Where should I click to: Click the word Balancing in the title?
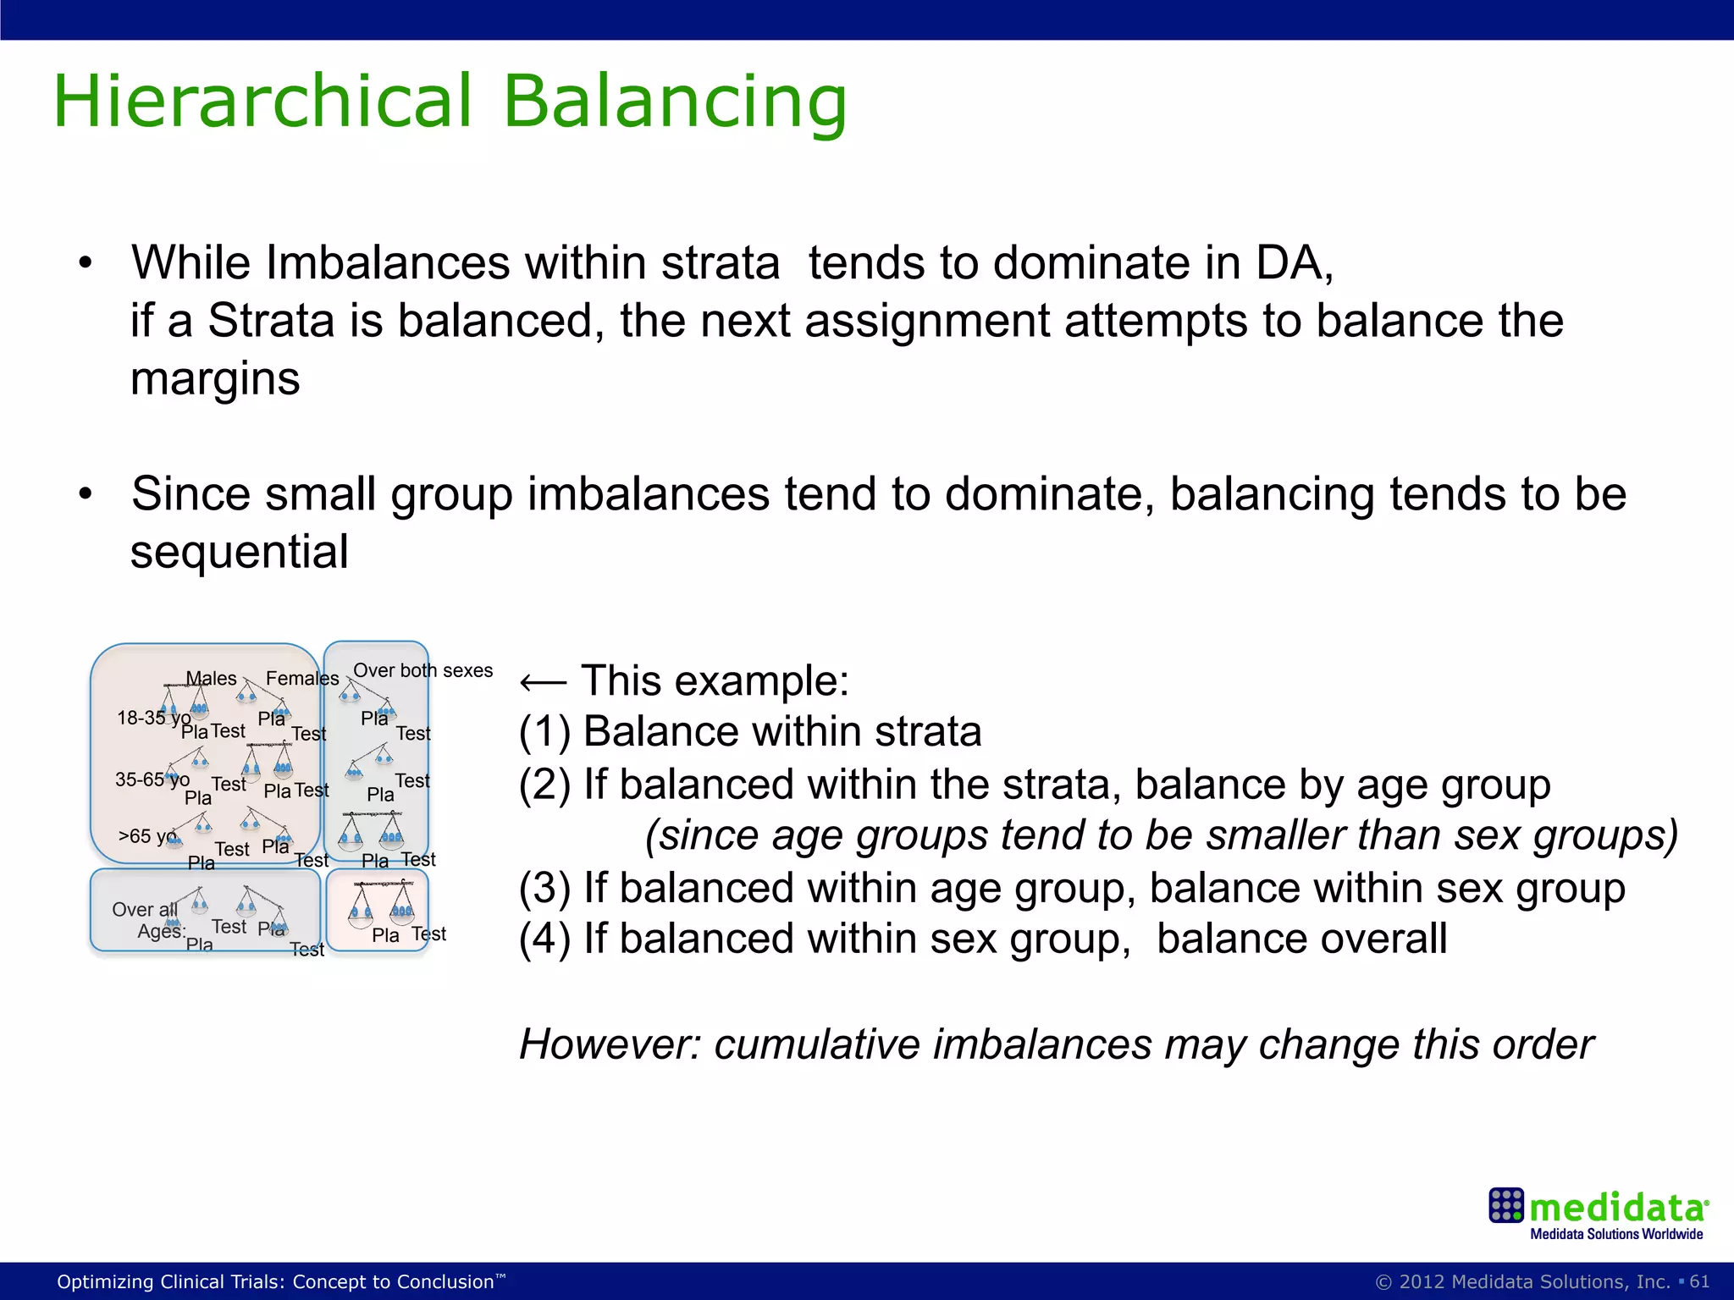point(675,102)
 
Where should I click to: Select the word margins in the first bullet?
point(215,378)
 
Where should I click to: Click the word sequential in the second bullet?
point(239,552)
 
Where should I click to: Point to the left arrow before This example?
point(542,682)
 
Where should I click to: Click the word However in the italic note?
point(610,1044)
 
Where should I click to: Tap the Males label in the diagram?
point(212,679)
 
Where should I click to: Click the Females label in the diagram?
point(302,679)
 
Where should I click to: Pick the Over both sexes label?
point(422,670)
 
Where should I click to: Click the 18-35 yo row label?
point(153,719)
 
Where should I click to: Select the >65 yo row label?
point(148,836)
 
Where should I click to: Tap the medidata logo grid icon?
point(1505,1205)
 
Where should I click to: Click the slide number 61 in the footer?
point(1699,1281)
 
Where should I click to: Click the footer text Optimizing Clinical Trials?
point(279,1281)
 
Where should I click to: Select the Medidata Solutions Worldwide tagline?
point(1615,1234)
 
